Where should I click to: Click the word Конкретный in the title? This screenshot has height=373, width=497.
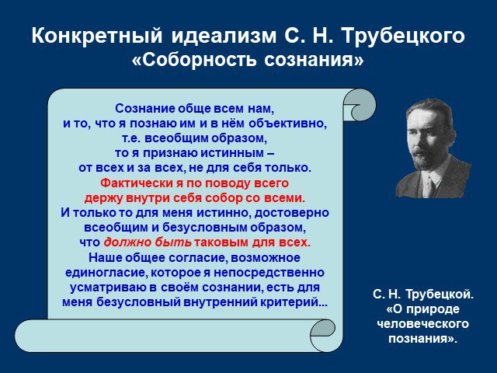click(x=97, y=35)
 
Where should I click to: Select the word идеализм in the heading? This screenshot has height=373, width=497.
click(x=224, y=35)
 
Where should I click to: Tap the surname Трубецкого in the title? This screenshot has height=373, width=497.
click(x=404, y=36)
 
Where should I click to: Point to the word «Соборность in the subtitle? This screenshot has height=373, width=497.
click(x=194, y=59)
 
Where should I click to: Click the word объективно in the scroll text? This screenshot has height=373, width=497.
click(x=287, y=123)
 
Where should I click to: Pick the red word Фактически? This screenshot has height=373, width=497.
click(x=138, y=183)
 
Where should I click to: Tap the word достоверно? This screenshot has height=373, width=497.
click(x=292, y=212)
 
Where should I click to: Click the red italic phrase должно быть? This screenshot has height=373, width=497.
click(x=148, y=242)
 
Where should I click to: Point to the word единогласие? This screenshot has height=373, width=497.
click(x=106, y=273)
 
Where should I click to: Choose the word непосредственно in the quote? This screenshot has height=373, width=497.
click(x=269, y=273)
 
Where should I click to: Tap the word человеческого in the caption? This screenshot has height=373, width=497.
click(x=423, y=324)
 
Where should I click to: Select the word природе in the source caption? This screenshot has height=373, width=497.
click(x=433, y=309)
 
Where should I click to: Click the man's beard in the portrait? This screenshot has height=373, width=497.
click(x=423, y=160)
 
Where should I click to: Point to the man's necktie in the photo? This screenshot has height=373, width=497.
click(x=429, y=186)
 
